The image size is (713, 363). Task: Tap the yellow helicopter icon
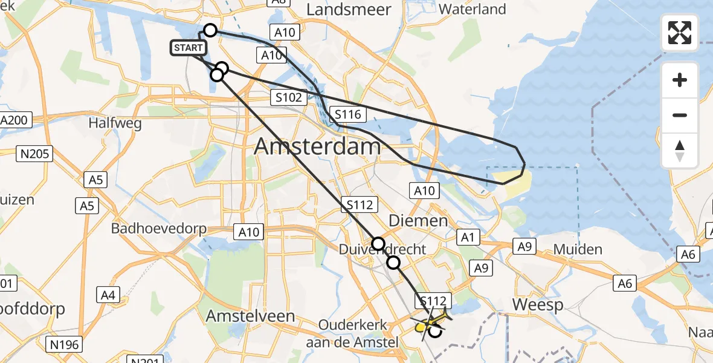click(x=431, y=322)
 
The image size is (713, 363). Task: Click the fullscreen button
click(x=680, y=33)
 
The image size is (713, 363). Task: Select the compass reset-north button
click(x=680, y=151)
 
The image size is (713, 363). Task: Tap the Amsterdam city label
click(x=318, y=146)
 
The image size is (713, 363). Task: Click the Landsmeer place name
click(x=349, y=10)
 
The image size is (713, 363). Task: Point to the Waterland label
click(x=472, y=10)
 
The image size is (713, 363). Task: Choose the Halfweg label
click(x=115, y=123)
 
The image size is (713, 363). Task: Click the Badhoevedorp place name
click(x=159, y=229)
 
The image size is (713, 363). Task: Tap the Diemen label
click(x=418, y=221)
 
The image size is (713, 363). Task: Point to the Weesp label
click(x=537, y=304)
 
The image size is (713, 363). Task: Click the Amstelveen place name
click(x=250, y=316)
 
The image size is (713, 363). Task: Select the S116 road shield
click(x=347, y=114)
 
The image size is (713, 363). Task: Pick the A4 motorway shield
click(x=108, y=295)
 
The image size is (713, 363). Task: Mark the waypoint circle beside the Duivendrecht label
click(x=378, y=244)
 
